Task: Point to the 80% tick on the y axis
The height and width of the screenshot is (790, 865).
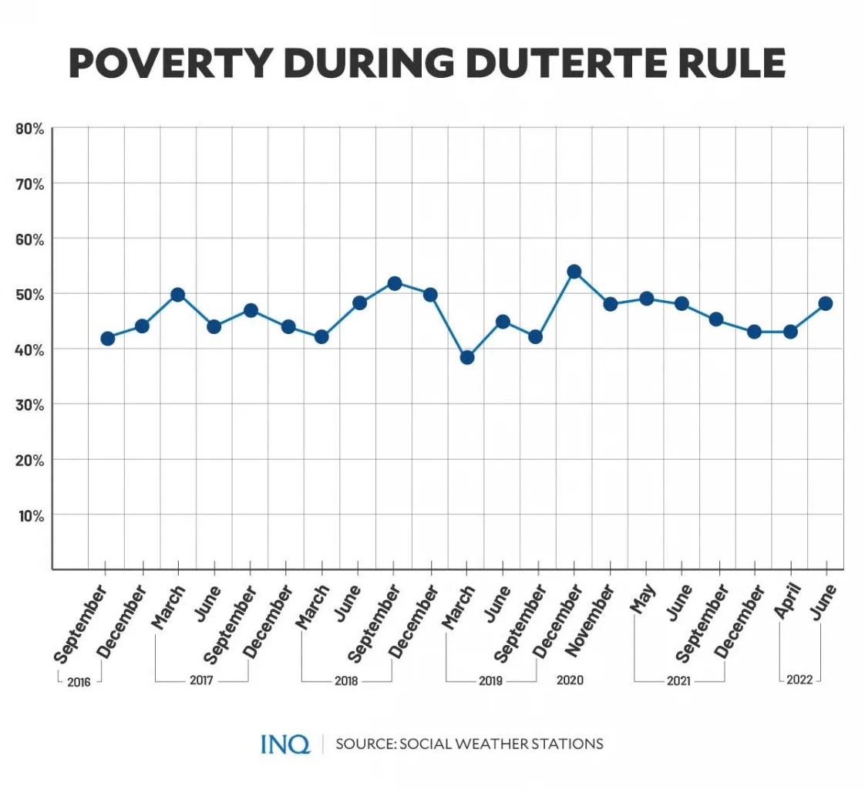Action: pos(30,128)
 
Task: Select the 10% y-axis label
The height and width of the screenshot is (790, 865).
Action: pos(30,515)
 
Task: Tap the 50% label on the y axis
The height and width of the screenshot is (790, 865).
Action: pos(30,294)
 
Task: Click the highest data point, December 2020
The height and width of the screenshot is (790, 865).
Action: pos(574,272)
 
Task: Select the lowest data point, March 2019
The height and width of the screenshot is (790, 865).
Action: pos(466,357)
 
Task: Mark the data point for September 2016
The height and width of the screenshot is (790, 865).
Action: pos(108,338)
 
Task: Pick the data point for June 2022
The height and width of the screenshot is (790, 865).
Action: pos(825,303)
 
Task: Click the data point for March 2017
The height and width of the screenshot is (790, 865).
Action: pos(178,294)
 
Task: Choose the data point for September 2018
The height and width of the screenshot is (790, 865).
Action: pos(395,283)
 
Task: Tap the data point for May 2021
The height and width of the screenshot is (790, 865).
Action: pos(646,299)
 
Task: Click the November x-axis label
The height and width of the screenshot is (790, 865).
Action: pos(592,621)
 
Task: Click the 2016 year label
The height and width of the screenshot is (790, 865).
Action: pos(79,683)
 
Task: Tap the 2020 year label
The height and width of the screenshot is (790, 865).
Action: pos(570,680)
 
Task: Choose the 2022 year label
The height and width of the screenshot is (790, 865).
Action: pos(799,680)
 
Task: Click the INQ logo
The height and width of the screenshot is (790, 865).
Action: pos(284,744)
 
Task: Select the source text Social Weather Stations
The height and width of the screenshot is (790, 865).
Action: pos(469,744)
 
